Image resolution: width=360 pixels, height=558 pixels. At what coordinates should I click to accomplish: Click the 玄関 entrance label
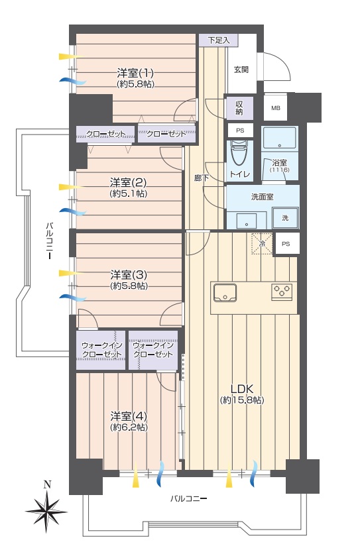pyautogui.click(x=241, y=70)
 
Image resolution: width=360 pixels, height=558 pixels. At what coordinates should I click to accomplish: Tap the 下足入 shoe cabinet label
pyautogui.click(x=219, y=40)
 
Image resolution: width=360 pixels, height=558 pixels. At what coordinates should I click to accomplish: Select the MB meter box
pyautogui.click(x=276, y=108)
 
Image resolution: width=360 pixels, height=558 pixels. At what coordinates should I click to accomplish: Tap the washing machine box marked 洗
pyautogui.click(x=285, y=218)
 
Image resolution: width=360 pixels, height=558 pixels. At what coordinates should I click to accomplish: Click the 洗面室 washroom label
pyautogui.click(x=262, y=197)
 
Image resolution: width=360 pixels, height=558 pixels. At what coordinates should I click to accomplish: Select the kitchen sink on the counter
pyautogui.click(x=225, y=293)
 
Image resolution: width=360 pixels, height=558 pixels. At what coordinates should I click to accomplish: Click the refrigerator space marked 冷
pyautogui.click(x=262, y=244)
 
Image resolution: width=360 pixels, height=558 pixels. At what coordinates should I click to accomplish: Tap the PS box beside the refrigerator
pyautogui.click(x=286, y=244)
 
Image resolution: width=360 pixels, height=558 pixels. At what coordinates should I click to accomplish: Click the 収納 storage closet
pyautogui.click(x=239, y=108)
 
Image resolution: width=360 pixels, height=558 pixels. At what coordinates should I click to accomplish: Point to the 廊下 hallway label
pyautogui.click(x=201, y=178)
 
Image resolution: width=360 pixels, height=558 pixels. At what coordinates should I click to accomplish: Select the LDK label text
pyautogui.click(x=242, y=388)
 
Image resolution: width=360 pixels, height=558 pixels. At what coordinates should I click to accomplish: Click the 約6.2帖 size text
pyautogui.click(x=129, y=427)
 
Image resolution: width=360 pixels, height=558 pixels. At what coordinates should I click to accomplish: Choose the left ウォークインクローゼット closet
pyautogui.click(x=101, y=350)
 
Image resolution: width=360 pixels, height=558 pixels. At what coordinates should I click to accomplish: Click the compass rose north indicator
pyautogui.click(x=46, y=509)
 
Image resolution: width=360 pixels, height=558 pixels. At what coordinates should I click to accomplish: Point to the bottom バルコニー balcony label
pyautogui.click(x=188, y=498)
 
